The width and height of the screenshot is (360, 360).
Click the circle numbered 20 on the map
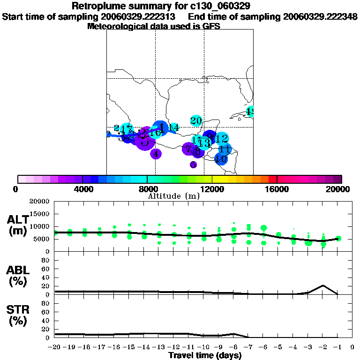click(196, 121)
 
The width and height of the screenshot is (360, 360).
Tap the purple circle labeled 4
click(156, 153)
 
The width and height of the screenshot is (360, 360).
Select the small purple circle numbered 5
click(193, 165)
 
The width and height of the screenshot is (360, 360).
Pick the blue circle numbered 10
click(221, 159)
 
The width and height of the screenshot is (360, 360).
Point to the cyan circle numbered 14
click(174, 127)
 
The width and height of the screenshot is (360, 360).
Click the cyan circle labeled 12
click(222, 138)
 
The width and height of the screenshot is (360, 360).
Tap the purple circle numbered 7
click(188, 149)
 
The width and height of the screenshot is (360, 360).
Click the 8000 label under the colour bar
click(147, 189)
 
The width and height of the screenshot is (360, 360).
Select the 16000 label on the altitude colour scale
click(277, 189)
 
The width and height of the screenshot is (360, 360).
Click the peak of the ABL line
click(322, 285)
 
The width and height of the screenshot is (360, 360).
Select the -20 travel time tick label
click(55, 347)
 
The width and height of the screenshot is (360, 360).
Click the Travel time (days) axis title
click(205, 355)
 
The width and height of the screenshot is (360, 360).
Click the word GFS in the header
click(211, 27)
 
